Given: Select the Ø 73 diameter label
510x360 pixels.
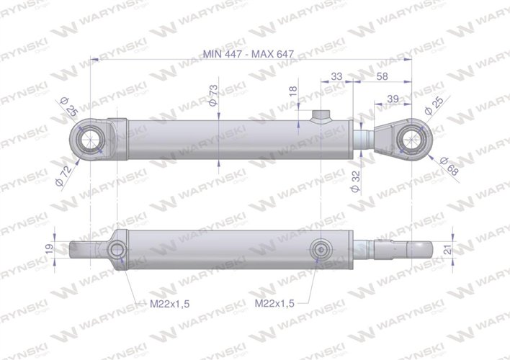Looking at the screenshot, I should pos(214,95).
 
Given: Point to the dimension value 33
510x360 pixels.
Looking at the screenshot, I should pos(336,75).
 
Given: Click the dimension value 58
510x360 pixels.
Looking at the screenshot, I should pos(382,75).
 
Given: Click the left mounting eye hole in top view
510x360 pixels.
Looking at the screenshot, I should pos(91,138).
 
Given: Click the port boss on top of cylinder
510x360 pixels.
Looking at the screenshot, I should pos(320,116).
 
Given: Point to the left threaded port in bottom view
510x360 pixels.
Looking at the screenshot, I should pos(116,249).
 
